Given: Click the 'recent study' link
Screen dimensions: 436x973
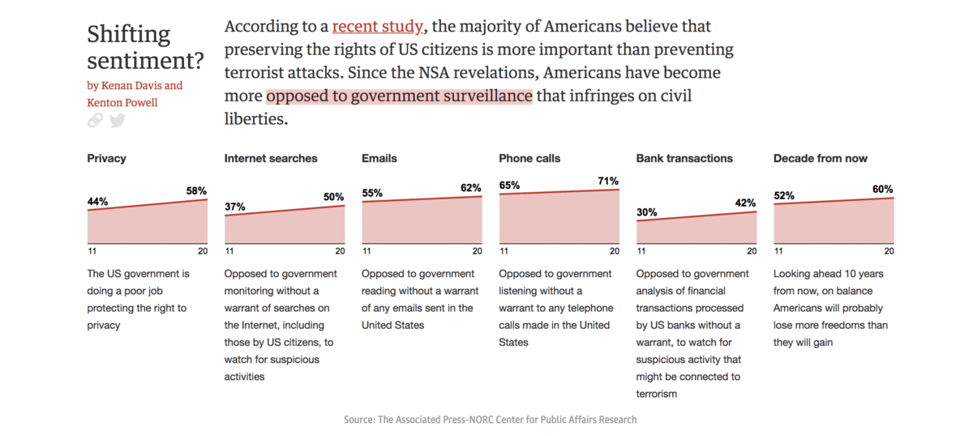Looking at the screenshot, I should point(377,27).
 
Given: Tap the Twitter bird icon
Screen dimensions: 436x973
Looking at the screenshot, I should point(118,121).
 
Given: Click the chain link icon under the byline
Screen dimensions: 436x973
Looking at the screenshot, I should point(96,121).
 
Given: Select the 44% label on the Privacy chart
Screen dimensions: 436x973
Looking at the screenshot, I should point(97,201).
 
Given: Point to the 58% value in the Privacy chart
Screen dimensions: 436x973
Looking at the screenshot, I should point(196,190).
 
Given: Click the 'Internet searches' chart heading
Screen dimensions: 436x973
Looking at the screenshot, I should point(271,158).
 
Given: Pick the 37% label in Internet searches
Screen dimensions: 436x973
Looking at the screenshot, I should point(234,207).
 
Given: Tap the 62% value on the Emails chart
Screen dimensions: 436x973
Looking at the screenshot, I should point(471,188).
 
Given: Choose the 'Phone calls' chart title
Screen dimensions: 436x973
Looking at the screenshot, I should point(529,158).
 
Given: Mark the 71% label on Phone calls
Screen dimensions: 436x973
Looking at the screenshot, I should point(608,181).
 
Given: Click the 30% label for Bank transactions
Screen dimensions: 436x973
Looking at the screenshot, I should point(647,212).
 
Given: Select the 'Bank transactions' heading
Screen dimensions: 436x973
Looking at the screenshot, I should point(684,158).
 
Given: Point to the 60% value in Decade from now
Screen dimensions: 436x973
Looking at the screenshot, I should point(883,189).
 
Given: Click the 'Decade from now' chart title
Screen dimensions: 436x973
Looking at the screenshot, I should point(821,158).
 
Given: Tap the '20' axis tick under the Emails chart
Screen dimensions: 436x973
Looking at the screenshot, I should point(478,251).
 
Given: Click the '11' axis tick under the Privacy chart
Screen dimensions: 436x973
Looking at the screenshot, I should point(92,251).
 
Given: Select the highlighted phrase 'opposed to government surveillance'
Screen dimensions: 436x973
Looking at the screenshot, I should point(399,96).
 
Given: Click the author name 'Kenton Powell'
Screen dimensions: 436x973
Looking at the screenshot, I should point(122,103).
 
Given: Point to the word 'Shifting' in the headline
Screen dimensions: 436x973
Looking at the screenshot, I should point(129,35).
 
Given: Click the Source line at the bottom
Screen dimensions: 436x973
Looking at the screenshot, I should point(490,420).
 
